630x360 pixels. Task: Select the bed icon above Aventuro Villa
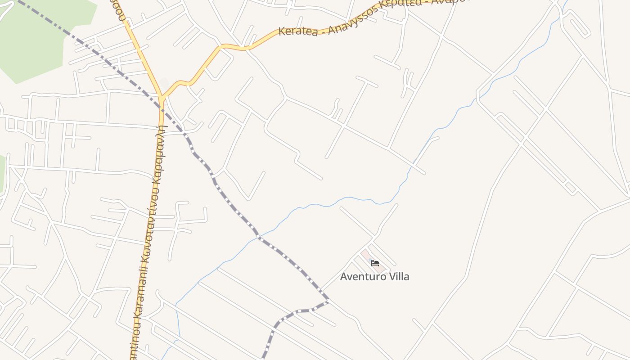click(375, 263)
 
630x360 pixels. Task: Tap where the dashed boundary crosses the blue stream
click(259, 236)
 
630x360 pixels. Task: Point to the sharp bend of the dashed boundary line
click(328, 301)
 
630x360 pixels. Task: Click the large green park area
click(36, 36)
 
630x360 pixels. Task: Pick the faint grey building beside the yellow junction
click(164, 84)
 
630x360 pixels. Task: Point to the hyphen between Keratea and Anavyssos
click(323, 30)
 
